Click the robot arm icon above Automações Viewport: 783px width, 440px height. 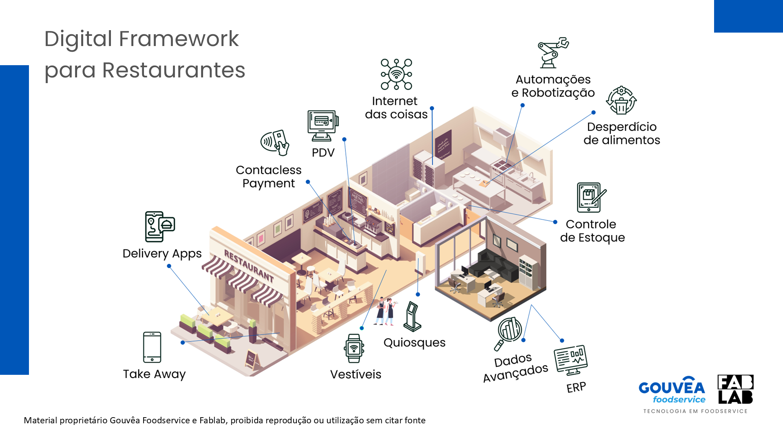click(553, 53)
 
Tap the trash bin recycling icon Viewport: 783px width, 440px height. click(621, 101)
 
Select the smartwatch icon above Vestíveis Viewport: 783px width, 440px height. click(354, 348)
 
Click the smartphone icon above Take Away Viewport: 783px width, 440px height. click(152, 347)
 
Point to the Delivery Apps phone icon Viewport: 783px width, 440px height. click(159, 227)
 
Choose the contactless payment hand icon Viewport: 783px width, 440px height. click(275, 143)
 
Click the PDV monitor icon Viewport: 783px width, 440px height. click(323, 125)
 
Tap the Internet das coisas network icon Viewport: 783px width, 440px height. click(396, 74)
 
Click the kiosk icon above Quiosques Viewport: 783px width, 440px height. click(412, 317)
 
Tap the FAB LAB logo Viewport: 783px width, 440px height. click(735, 389)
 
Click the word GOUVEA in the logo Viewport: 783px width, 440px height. click(672, 387)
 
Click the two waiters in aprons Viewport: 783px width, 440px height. click(384, 311)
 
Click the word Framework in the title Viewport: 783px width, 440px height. click(179, 39)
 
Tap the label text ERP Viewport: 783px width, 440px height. click(576, 387)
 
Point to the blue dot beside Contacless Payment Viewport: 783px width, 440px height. click(308, 182)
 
